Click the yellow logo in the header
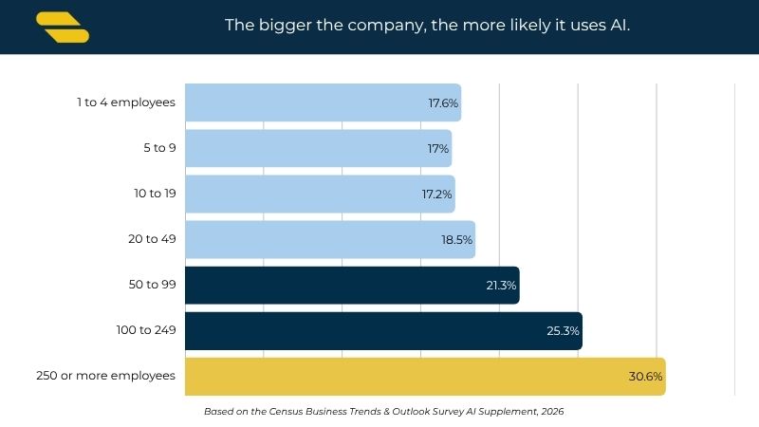pos(63,28)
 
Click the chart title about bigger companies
pos(428,26)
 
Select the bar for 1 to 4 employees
pos(323,102)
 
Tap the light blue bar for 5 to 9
pos(319,148)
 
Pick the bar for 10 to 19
pos(320,194)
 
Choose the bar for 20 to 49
pos(330,239)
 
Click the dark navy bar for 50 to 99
pos(352,286)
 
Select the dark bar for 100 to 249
pos(384,330)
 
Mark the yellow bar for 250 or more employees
pos(425,376)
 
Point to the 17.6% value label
pos(443,103)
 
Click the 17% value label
pos(438,149)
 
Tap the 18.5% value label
pos(456,240)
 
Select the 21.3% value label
pos(501,286)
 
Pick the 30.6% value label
pos(645,377)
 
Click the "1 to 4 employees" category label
pos(126,102)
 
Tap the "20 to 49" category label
pos(152,239)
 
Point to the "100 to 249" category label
pos(146,330)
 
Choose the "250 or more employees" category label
pos(105,376)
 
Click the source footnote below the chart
pos(384,412)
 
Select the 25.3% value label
pos(563,331)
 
